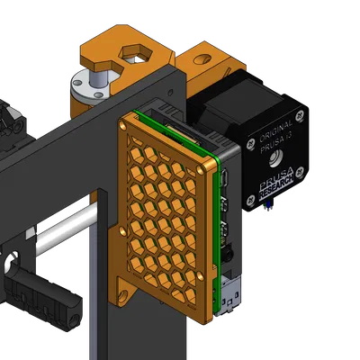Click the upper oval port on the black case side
tap(228, 177)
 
